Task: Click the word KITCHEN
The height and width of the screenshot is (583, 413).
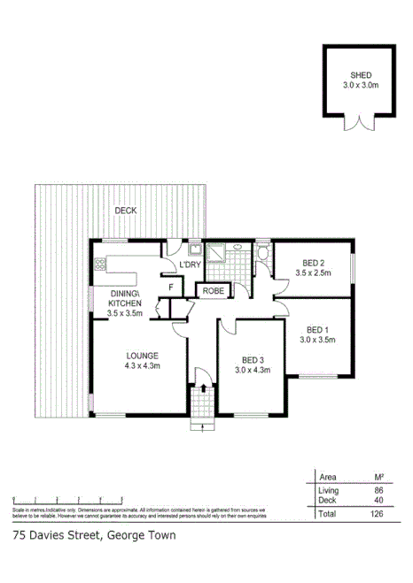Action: click(124, 303)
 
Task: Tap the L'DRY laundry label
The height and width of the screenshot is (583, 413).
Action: click(190, 265)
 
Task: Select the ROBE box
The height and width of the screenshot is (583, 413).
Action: click(213, 290)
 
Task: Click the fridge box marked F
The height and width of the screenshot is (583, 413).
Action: click(170, 287)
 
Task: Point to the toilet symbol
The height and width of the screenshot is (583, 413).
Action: click(263, 256)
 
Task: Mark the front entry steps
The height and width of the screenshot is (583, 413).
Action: click(203, 425)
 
